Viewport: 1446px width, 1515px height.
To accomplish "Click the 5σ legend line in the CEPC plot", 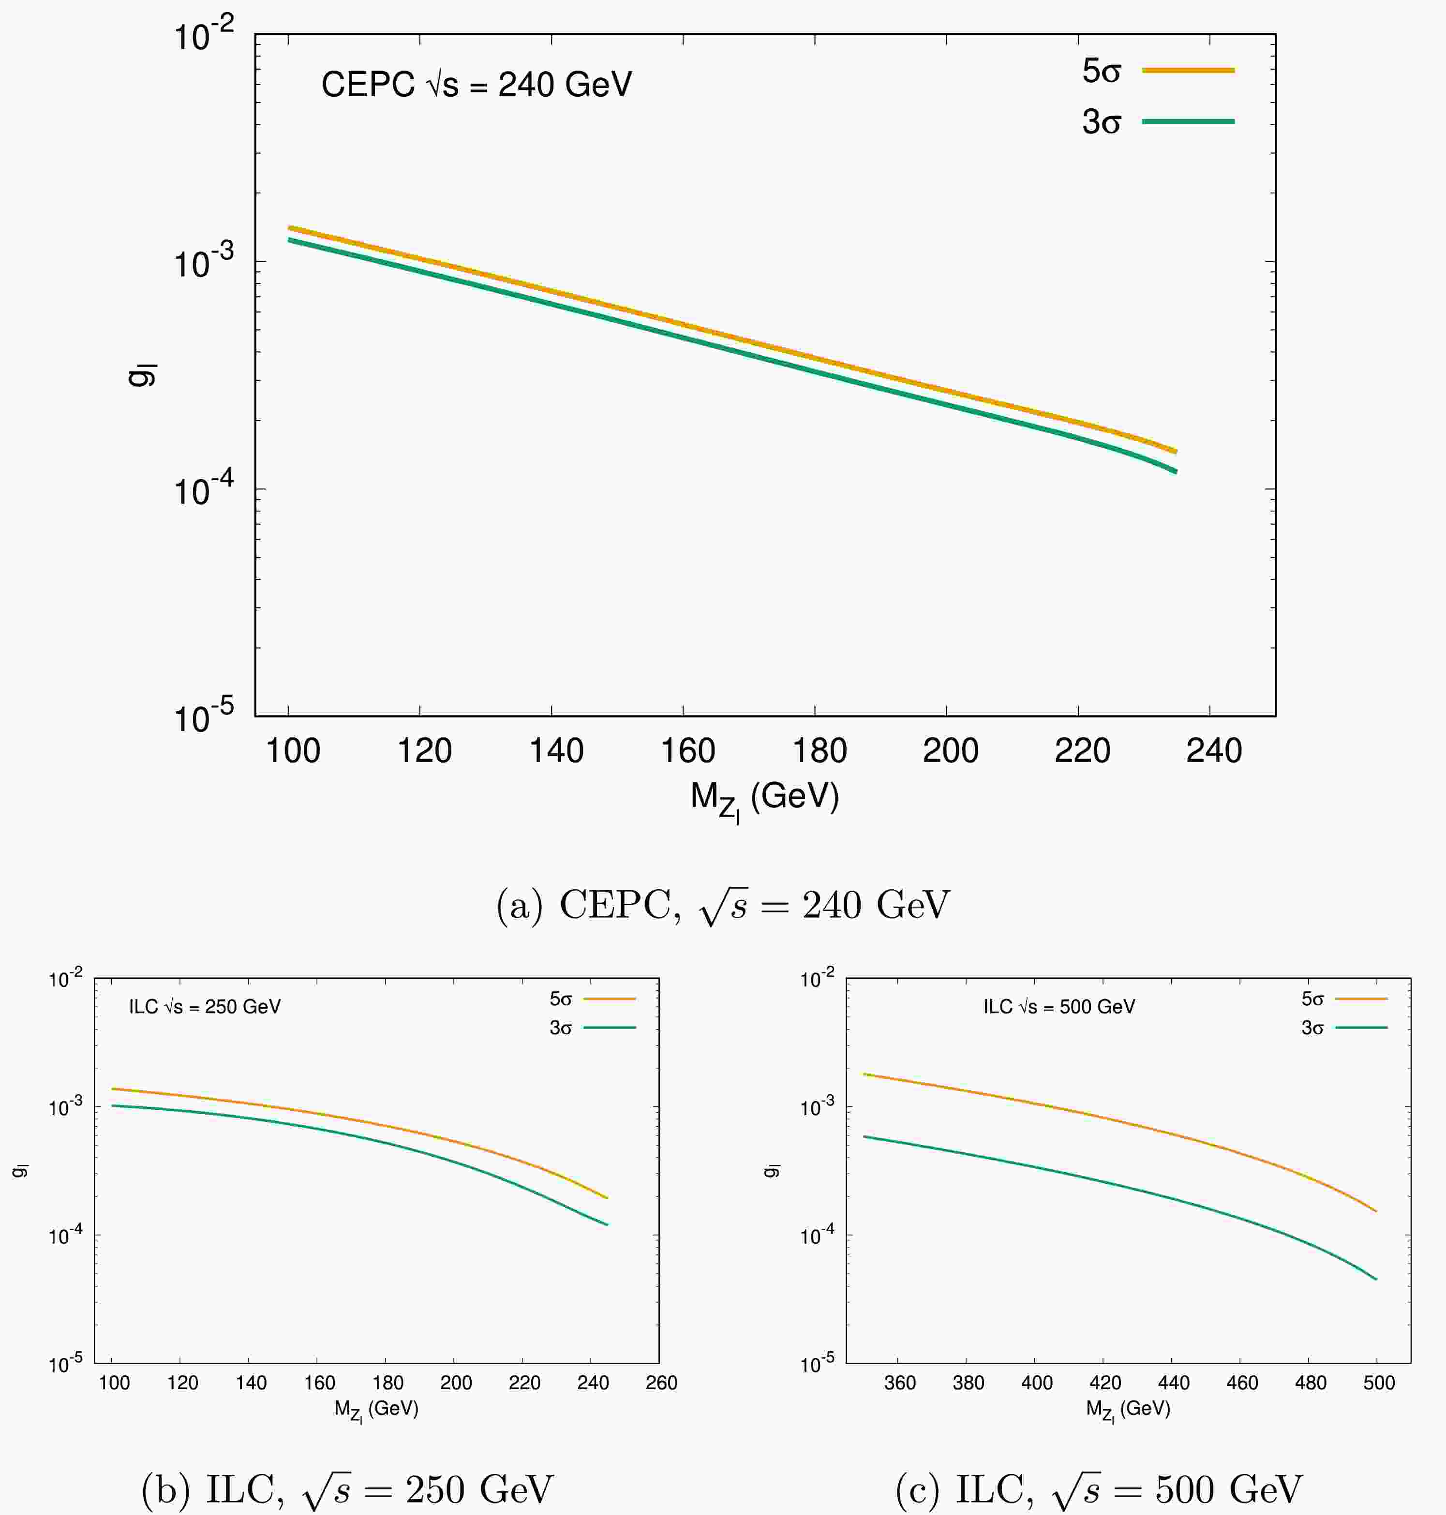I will pos(1188,70).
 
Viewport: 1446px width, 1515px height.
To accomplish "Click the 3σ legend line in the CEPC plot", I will pos(1188,121).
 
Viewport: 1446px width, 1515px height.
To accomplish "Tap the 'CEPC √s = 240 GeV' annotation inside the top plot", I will pos(477,84).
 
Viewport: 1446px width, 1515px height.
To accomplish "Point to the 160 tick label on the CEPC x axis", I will pos(687,750).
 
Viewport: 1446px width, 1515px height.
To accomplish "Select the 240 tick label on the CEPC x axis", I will pos(1214,750).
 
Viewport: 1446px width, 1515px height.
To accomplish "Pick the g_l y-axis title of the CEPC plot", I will pos(143,374).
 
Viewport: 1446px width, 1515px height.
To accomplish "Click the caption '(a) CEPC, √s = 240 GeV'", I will pos(723,905).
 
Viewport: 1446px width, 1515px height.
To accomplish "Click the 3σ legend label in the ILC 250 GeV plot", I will pos(560,1028).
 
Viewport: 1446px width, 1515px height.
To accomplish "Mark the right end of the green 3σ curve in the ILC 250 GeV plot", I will pos(608,1224).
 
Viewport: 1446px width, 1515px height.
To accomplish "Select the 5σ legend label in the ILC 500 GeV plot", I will pos(1312,1000).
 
